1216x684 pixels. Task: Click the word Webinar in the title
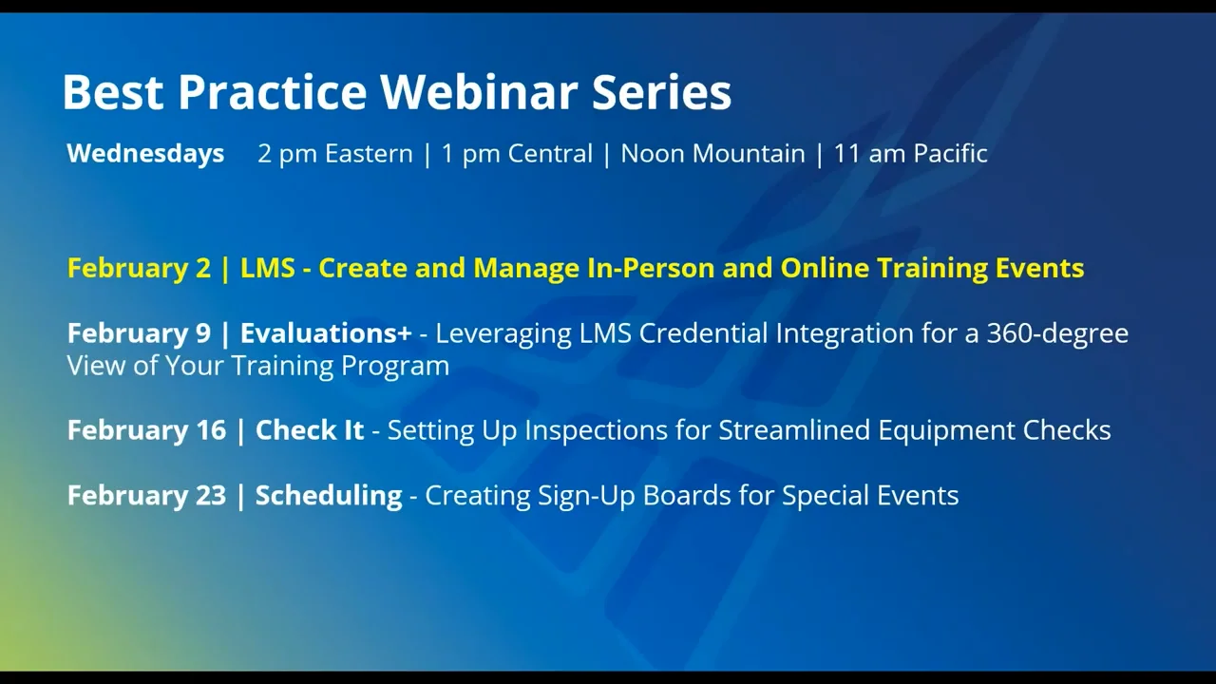click(479, 92)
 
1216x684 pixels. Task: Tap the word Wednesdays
click(145, 154)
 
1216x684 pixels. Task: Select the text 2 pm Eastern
click(334, 154)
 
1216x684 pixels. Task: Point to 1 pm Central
click(517, 154)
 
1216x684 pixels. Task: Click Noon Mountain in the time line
click(712, 154)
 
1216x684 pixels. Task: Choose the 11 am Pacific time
click(910, 154)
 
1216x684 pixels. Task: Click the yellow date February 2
click(139, 268)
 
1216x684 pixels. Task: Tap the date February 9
click(139, 333)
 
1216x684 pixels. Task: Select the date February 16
click(146, 430)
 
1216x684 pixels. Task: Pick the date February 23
click(146, 496)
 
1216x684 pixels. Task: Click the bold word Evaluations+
click(326, 333)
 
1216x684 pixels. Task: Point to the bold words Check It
click(310, 430)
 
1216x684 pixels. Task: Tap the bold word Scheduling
click(329, 496)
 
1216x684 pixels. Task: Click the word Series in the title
click(661, 92)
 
